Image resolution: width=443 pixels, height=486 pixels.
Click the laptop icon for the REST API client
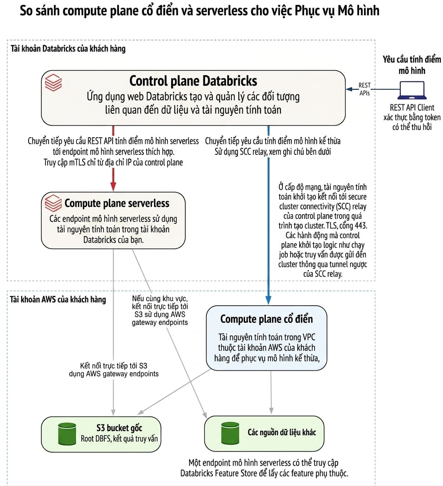click(x=412, y=90)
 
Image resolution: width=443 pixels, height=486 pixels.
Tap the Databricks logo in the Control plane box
click(x=54, y=82)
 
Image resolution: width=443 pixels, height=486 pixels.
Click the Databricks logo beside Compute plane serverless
click(x=53, y=203)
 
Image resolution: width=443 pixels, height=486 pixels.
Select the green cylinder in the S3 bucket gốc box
click(x=67, y=433)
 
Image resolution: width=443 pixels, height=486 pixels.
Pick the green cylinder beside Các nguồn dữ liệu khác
click(x=230, y=433)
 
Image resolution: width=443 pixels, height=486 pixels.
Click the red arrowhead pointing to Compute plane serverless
click(x=113, y=187)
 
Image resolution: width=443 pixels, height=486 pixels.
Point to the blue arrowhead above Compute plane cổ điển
click(x=268, y=300)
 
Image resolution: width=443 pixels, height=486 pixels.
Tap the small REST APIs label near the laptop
click(x=364, y=89)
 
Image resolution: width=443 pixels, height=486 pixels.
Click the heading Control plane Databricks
click(x=193, y=81)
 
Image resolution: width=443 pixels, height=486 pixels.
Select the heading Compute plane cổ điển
click(x=266, y=319)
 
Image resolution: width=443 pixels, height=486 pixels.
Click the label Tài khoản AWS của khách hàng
click(x=58, y=299)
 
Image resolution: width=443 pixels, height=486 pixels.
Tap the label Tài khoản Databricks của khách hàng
click(x=68, y=48)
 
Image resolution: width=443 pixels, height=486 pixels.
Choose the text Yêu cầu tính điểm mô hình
click(x=412, y=65)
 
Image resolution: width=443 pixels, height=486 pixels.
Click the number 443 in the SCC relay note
click(x=361, y=225)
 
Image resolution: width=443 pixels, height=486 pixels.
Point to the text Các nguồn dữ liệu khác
click(x=282, y=433)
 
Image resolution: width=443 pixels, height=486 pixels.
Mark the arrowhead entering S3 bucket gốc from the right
click(x=140, y=412)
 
